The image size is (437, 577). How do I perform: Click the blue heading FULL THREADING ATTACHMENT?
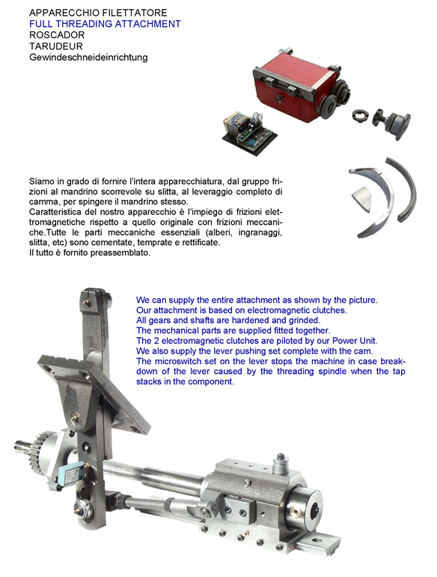[105, 24]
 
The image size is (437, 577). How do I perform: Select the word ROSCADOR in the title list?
[57, 35]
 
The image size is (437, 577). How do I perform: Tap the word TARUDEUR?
[56, 46]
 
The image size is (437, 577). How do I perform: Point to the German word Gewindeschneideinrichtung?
[88, 58]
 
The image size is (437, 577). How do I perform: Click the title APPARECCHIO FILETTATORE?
[98, 13]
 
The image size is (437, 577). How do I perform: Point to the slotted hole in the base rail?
[315, 540]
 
